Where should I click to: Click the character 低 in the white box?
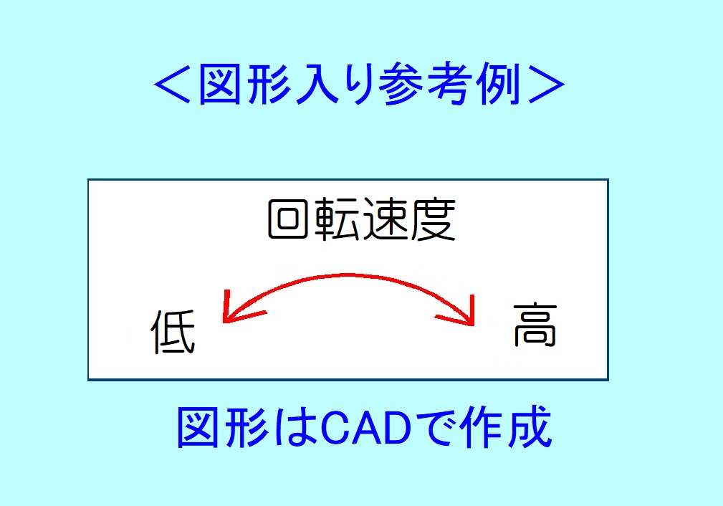[173, 332]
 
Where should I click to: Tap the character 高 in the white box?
[535, 325]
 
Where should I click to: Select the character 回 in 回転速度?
[288, 219]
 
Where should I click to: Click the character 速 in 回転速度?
[385, 219]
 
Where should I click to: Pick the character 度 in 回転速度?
[433, 219]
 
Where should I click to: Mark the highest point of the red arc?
[348, 275]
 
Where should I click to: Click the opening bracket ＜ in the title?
[173, 85]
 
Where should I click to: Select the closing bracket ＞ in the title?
[547, 85]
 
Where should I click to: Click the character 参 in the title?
[401, 85]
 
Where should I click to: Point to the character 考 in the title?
[449, 85]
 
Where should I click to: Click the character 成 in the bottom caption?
[530, 426]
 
